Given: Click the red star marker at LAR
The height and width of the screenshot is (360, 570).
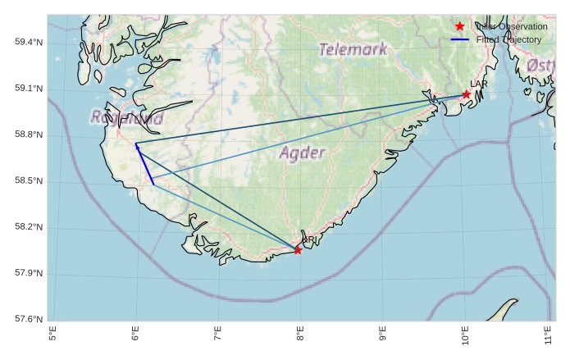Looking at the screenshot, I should point(466,94).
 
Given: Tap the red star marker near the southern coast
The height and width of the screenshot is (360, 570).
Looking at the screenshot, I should point(298,249).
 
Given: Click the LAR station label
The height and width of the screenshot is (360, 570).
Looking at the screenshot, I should point(479,84).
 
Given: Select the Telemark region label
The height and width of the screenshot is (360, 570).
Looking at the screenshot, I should point(352,49).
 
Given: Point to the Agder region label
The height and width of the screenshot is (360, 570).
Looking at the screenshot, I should point(303,153).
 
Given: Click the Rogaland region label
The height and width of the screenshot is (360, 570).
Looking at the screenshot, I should point(127,118).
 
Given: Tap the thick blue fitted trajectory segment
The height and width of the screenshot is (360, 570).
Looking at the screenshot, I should point(144,164).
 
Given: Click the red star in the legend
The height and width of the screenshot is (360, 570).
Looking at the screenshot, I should point(460,26).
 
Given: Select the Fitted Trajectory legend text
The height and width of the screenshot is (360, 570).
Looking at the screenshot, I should point(508,39).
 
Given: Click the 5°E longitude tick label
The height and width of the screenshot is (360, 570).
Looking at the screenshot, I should point(53,336).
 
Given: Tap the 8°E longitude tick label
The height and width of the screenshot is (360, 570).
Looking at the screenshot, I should point(300,336).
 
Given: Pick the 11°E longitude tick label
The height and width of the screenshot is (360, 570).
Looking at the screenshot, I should point(547,336).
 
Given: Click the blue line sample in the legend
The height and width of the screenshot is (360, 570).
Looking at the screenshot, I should point(460,39).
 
